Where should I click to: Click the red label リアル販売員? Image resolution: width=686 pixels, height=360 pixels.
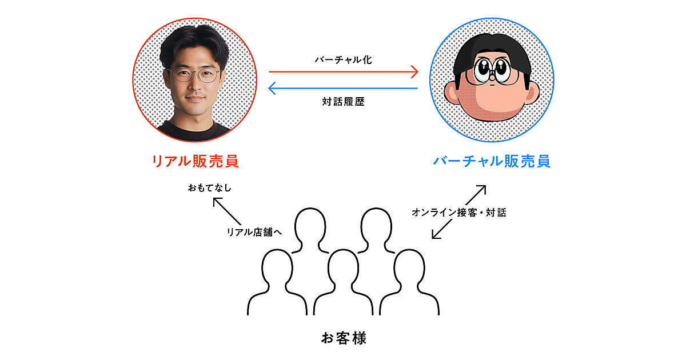[x=194, y=161]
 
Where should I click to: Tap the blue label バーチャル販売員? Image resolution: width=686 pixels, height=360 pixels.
[x=491, y=161]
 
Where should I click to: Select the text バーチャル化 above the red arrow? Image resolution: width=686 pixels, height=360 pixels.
[x=343, y=59]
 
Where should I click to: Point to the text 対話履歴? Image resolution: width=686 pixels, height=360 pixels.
[x=343, y=103]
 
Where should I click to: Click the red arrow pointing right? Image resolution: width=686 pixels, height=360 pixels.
[x=343, y=72]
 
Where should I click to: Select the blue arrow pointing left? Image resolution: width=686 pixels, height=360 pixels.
[x=343, y=88]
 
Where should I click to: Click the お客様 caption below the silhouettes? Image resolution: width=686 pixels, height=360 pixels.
[x=343, y=338]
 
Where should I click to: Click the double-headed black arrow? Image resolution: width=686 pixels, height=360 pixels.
[x=458, y=212]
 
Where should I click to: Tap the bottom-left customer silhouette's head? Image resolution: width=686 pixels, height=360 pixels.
[x=277, y=265]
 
